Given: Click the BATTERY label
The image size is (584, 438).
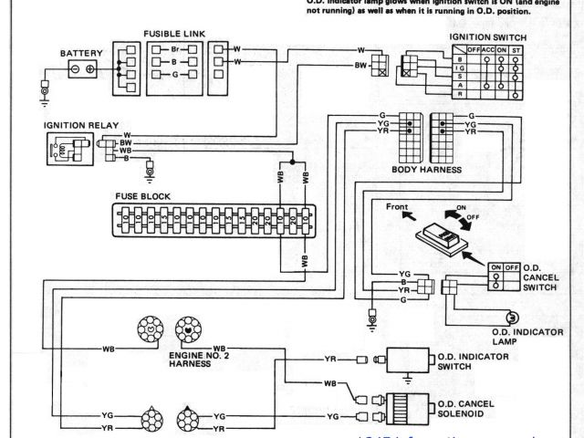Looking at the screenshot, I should pos(82,53).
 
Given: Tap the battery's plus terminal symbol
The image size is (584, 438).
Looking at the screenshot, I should pos(90,70).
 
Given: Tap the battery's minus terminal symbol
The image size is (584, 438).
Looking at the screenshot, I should pos(73,70).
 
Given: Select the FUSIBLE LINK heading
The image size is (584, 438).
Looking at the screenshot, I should pos(173,34).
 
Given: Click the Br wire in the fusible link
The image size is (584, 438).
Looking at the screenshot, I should pos(173,46).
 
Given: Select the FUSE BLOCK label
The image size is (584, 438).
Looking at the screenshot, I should pos(141,195).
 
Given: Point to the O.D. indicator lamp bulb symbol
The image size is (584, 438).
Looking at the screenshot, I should pos(501,316).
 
